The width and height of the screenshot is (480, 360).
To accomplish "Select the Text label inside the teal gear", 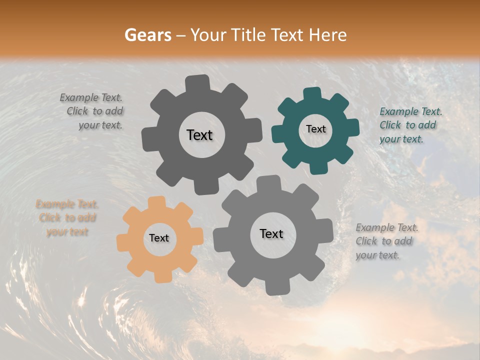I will [x=315, y=129].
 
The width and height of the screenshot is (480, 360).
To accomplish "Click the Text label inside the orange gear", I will [x=159, y=238].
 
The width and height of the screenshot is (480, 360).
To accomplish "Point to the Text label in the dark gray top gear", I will [x=199, y=135].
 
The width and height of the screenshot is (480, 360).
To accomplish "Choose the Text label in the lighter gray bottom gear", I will [x=271, y=233].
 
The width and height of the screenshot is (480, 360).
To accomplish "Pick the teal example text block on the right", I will [x=410, y=125].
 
